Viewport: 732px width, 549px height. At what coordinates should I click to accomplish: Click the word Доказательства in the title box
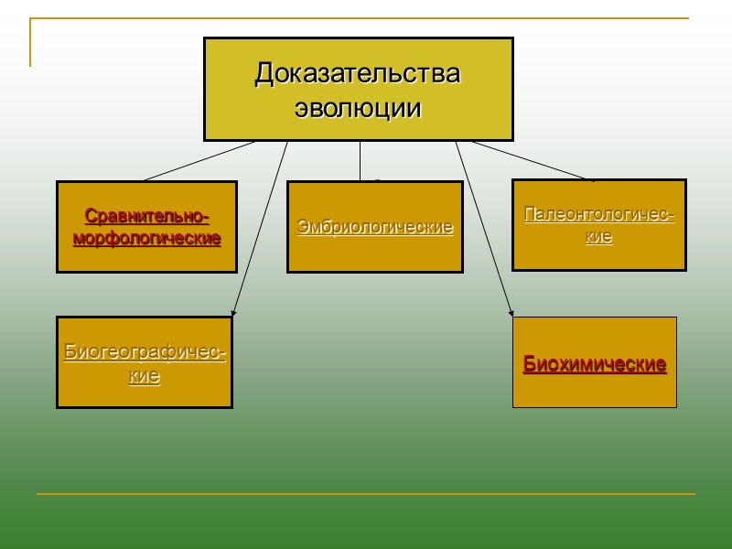357,72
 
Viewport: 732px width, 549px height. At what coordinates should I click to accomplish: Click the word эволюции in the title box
358,108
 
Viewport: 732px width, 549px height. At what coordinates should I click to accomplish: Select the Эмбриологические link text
375,227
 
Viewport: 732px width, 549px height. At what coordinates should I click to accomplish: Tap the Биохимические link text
595,364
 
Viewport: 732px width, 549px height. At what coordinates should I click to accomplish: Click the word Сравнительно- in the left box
146,217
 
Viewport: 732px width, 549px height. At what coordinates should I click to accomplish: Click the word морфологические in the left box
146,239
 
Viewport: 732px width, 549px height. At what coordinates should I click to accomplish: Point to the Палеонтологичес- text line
599,216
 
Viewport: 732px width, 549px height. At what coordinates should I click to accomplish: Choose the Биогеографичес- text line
145,353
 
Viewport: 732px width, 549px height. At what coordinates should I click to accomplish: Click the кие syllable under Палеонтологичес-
599,237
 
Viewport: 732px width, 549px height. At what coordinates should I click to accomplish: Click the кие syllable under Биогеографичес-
145,376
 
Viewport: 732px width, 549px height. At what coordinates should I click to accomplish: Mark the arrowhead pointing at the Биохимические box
510,314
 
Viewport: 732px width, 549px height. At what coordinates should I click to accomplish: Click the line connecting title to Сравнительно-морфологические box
199,160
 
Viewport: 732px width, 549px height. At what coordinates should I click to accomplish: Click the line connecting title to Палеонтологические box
531,160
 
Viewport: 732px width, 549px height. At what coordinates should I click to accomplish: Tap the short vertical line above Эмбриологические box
360,161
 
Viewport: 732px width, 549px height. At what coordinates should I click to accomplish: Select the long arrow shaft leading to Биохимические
482,229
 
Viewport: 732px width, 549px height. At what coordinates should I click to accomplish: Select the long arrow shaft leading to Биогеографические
261,229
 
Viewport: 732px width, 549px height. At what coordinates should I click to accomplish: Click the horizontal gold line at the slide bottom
366,494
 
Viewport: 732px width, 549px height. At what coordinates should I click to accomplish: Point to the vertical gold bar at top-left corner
30,42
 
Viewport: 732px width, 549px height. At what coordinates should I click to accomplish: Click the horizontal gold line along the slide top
366,18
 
